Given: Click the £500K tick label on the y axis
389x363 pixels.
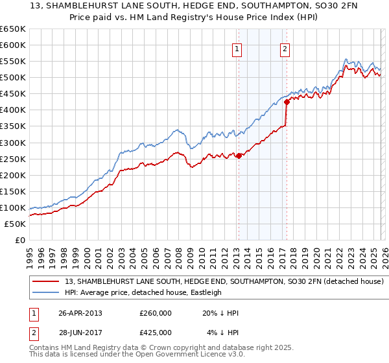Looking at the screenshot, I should point(13,78).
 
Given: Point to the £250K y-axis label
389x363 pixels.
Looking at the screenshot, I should point(13,159).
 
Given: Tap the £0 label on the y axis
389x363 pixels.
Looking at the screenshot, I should point(19,240).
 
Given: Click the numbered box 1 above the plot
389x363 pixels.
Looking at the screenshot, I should point(237,48).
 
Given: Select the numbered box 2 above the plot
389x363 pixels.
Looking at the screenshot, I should point(285,48).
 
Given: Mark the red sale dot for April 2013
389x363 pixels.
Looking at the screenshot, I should point(239,156).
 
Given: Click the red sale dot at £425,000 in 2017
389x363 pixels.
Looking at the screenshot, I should point(287,102).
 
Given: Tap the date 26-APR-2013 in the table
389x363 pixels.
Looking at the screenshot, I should point(80,313).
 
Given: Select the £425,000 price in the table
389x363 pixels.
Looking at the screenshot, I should point(156,333).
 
